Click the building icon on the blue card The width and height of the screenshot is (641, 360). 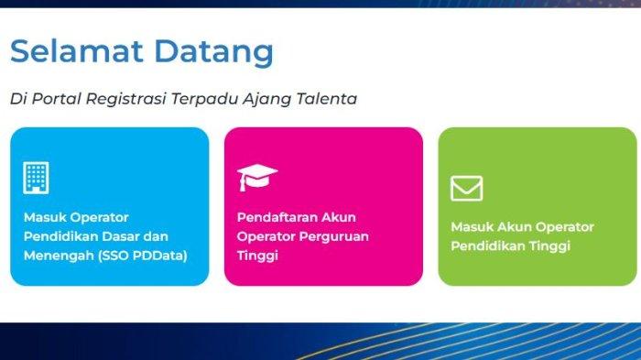pyautogui.click(x=36, y=177)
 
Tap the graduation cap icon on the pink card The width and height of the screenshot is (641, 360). pyautogui.click(x=257, y=177)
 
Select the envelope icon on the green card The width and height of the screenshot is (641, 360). pyautogui.click(x=466, y=188)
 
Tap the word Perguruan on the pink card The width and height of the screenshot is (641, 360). pyautogui.click(x=335, y=236)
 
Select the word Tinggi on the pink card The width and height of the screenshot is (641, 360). pyautogui.click(x=257, y=256)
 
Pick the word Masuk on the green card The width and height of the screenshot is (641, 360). pyautogui.click(x=472, y=227)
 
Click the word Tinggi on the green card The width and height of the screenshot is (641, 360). pyautogui.click(x=549, y=246)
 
